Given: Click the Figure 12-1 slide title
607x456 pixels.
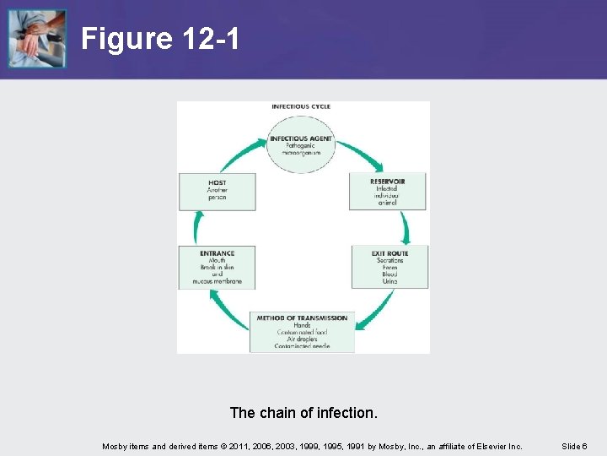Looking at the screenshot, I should [x=160, y=38].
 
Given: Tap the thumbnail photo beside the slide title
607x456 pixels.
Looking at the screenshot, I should [x=37, y=39].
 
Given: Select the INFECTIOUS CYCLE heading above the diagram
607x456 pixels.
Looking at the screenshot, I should [x=301, y=106].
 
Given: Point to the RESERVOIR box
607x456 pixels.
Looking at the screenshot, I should [x=387, y=192].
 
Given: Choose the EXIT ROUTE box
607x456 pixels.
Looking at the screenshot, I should [x=389, y=266].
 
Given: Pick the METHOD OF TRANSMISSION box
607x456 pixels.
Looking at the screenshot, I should [x=302, y=332].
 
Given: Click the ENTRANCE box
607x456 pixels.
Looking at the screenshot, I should [x=217, y=267].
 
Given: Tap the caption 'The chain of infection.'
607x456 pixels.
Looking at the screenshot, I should [x=303, y=413].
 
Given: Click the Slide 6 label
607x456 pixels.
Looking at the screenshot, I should [x=574, y=446].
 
